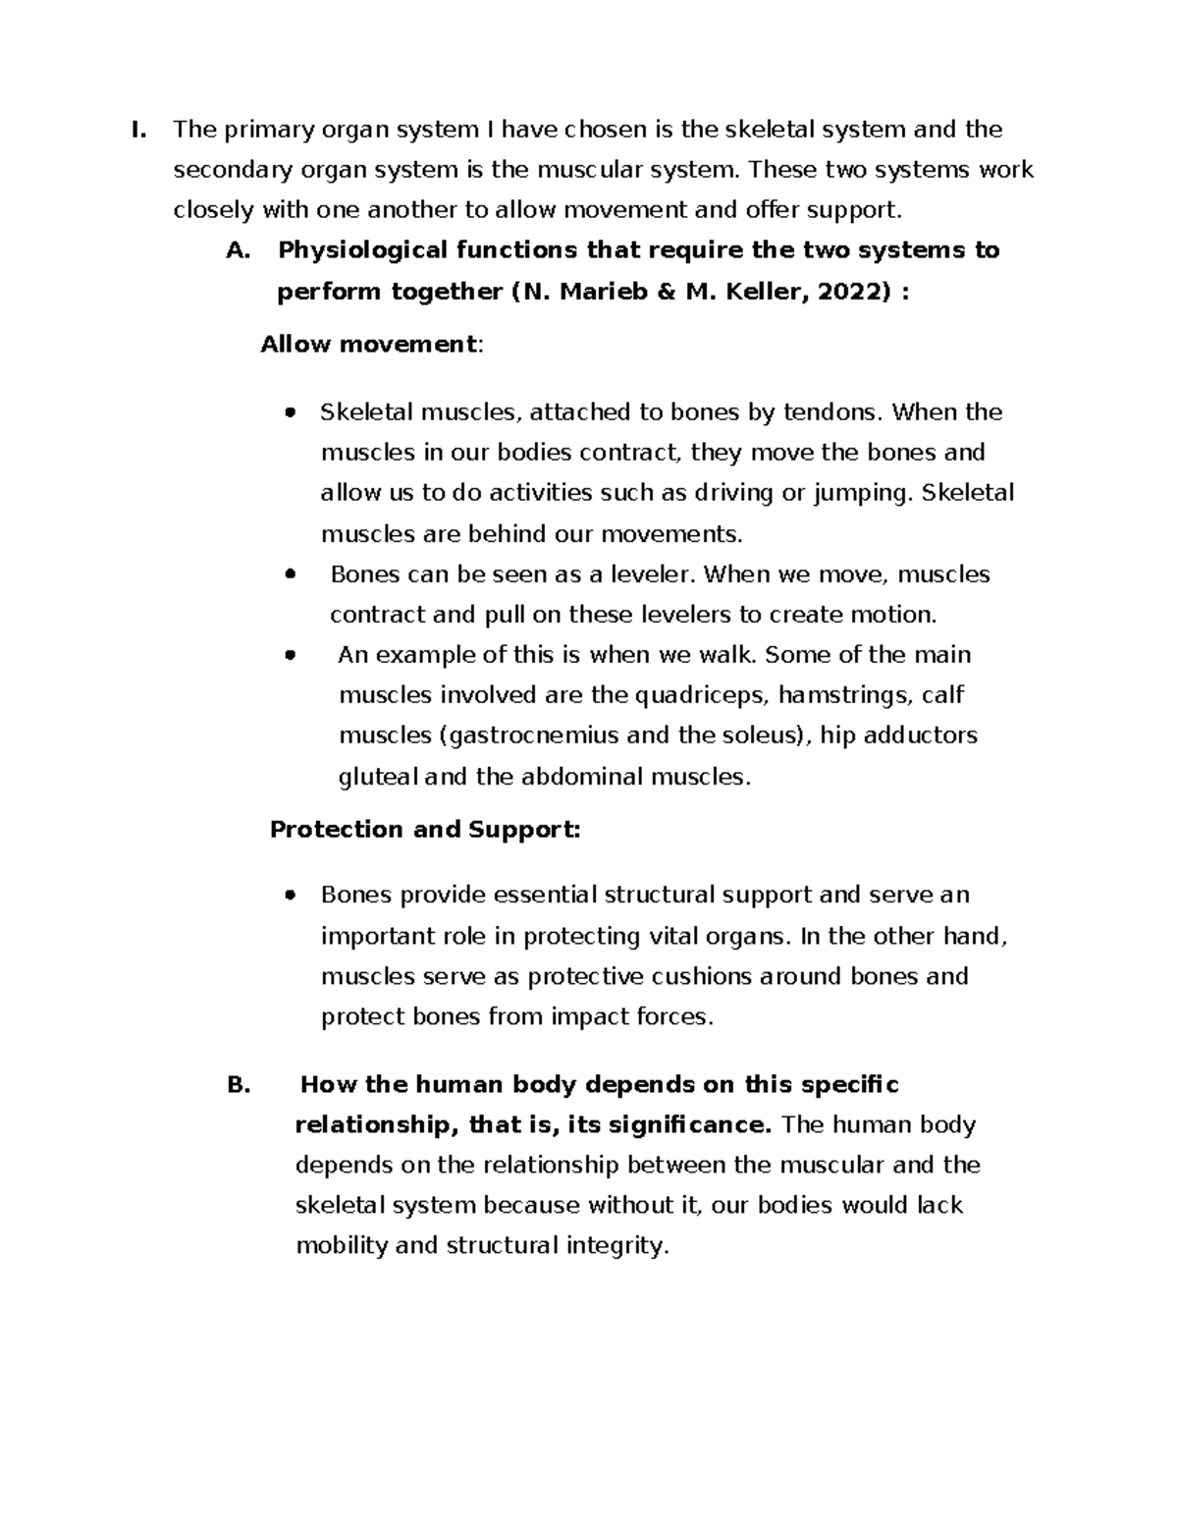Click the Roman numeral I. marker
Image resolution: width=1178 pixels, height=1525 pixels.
pyautogui.click(x=138, y=130)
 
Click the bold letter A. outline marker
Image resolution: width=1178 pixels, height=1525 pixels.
pyautogui.click(x=237, y=251)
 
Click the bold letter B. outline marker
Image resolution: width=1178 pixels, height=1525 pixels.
pyautogui.click(x=239, y=1085)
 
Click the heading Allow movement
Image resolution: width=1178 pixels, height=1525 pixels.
pyautogui.click(x=368, y=345)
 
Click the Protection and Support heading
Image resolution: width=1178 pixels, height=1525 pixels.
pyautogui.click(x=424, y=830)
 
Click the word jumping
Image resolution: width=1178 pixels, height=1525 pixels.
pyautogui.click(x=860, y=493)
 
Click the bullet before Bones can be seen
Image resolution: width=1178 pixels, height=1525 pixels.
pyautogui.click(x=289, y=575)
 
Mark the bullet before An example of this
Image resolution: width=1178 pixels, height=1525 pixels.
pyautogui.click(x=289, y=656)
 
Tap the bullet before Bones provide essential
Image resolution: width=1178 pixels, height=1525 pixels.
pyautogui.click(x=289, y=896)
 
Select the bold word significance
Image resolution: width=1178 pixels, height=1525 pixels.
pyautogui.click(x=689, y=1125)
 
